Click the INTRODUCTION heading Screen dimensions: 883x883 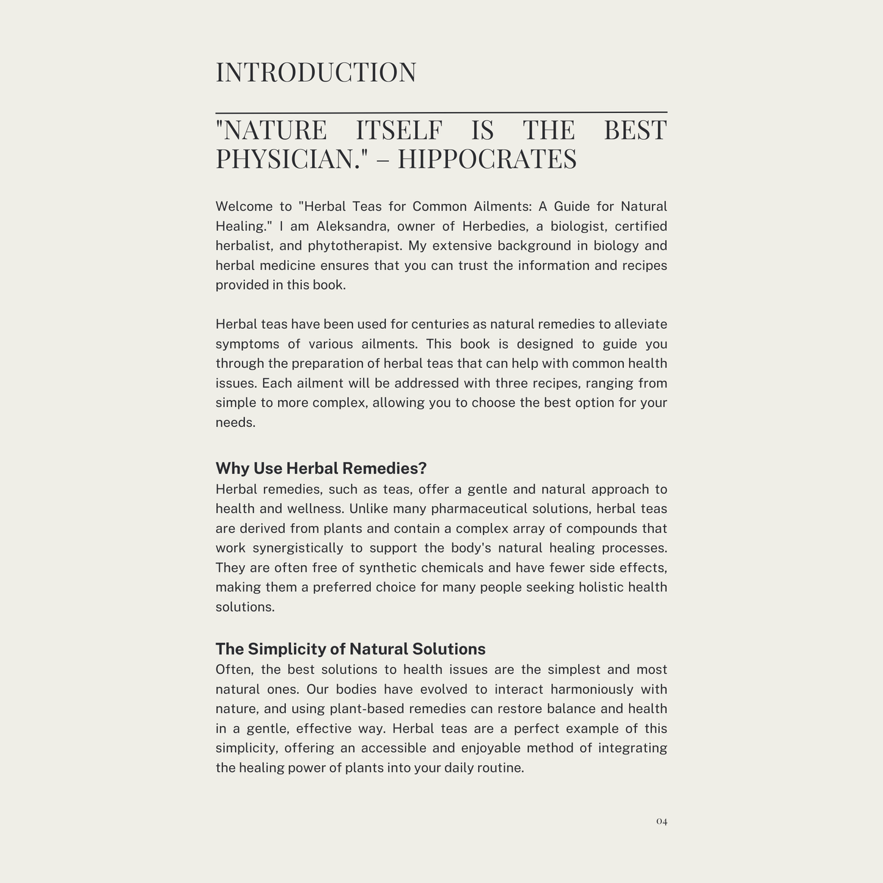coord(316,72)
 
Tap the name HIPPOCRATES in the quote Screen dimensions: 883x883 coord(487,159)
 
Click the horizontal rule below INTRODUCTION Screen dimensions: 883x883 coord(441,112)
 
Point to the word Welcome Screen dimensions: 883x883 coord(244,207)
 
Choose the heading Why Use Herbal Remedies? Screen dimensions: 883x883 coord(321,468)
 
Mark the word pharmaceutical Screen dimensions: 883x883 coord(478,509)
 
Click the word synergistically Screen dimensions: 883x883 coord(298,548)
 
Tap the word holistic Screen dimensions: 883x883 coord(601,587)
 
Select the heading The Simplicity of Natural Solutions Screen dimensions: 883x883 coord(350,649)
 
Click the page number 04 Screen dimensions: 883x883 coord(662,821)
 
